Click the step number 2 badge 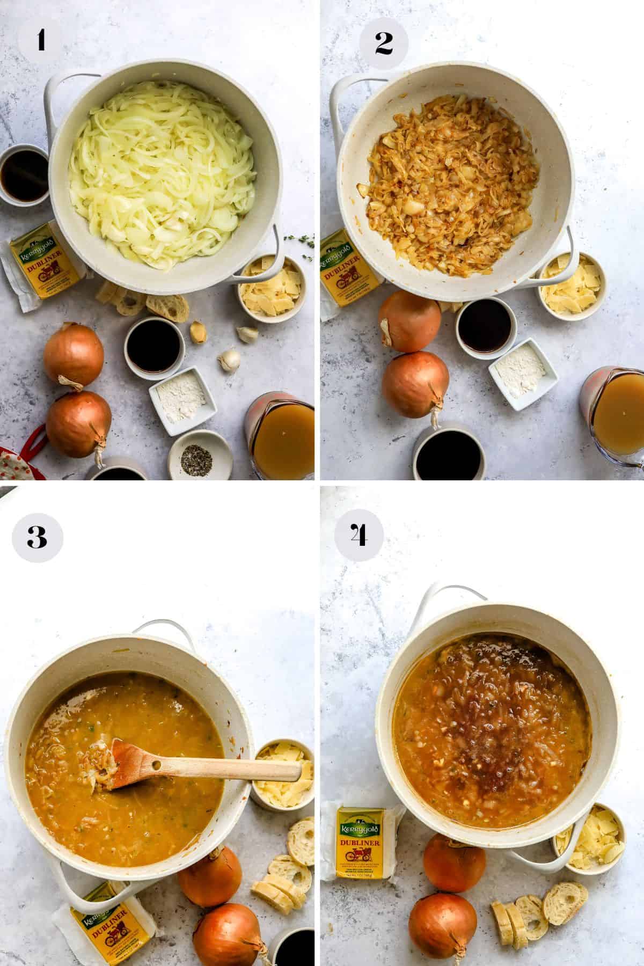383,43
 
